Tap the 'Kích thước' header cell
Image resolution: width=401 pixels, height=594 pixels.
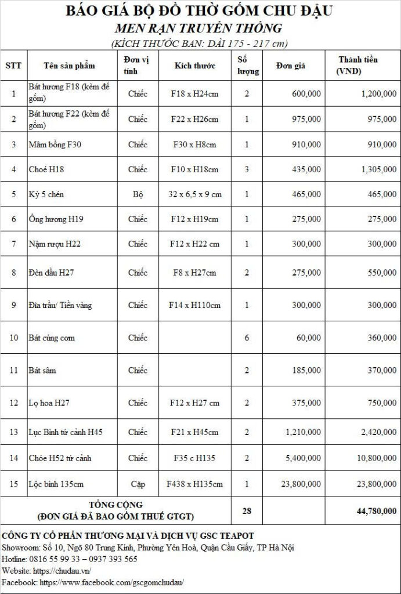(x=195, y=66)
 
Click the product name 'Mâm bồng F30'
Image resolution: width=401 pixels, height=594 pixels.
(x=55, y=144)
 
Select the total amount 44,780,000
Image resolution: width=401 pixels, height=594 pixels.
(x=377, y=511)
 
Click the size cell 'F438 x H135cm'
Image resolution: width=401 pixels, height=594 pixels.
(x=195, y=484)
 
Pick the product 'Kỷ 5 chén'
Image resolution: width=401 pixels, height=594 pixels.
(x=46, y=194)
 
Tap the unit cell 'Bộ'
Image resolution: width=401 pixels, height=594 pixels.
(x=138, y=194)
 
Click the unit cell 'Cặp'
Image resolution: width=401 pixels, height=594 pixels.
(x=138, y=484)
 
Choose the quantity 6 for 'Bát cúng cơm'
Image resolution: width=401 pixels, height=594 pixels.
(x=247, y=338)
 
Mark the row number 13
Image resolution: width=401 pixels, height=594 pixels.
(x=14, y=432)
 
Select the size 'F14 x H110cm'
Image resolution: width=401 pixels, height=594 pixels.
(x=195, y=305)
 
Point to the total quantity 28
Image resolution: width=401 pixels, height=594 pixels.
(x=247, y=511)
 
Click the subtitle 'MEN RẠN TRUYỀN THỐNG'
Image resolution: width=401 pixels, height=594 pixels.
(x=199, y=28)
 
